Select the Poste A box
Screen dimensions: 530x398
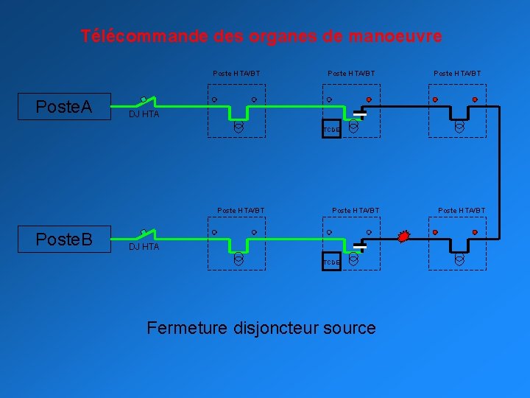click(64, 107)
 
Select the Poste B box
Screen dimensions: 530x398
click(64, 240)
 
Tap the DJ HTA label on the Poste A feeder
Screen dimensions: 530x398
click(144, 115)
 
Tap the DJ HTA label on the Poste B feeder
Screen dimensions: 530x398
click(144, 247)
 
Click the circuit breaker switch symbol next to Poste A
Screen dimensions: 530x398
click(146, 102)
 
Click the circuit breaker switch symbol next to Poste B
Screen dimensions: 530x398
click(146, 234)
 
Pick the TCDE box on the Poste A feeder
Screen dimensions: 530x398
click(331, 130)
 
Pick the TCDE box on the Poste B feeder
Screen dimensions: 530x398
click(331, 262)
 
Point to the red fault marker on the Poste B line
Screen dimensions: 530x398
click(403, 237)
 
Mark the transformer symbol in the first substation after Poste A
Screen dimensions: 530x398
click(239, 127)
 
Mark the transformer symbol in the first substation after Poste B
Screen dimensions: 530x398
click(239, 259)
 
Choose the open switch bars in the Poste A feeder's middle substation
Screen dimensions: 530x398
click(360, 114)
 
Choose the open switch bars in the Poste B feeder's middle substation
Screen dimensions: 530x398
click(360, 247)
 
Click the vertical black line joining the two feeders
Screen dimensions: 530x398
click(500, 173)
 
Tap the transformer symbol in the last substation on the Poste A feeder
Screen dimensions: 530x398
click(459, 127)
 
